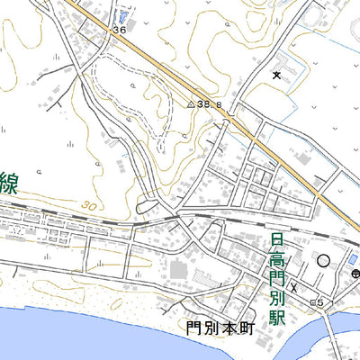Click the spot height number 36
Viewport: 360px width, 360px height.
(x=120, y=30)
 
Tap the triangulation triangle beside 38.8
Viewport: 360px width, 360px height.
(x=191, y=104)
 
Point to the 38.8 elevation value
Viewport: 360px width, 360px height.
(x=211, y=104)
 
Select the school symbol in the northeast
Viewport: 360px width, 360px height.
(x=276, y=75)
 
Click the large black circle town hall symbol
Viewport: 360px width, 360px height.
(x=323, y=261)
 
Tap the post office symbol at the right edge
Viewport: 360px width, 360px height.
(x=355, y=273)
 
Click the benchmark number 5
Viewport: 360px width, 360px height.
(x=319, y=301)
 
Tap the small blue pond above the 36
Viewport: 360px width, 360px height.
(x=123, y=16)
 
